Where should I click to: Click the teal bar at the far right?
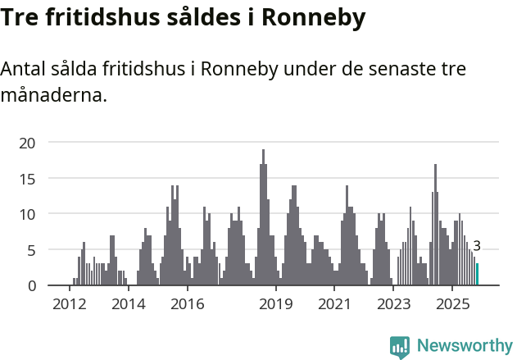click(x=478, y=274)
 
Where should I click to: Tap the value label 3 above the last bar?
click(x=477, y=245)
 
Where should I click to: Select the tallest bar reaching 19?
click(x=263, y=217)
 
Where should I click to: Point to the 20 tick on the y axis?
click(x=28, y=143)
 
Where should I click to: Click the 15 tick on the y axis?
click(x=28, y=178)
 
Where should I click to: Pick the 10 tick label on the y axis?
click(x=28, y=214)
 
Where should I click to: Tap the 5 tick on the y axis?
click(x=31, y=249)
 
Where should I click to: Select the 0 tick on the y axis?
click(x=31, y=285)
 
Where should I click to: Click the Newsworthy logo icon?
click(x=400, y=347)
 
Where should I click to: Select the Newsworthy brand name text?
click(x=465, y=346)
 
